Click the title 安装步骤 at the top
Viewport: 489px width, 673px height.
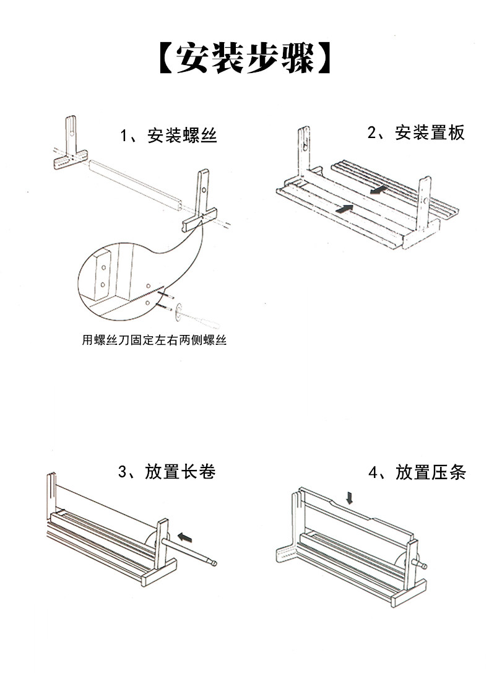pos(244,59)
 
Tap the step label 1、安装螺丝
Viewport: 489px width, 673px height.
pos(168,136)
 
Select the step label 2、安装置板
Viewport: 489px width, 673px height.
pos(415,132)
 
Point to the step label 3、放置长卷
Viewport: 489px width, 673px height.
pos(167,472)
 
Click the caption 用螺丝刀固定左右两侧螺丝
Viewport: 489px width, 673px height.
pos(154,340)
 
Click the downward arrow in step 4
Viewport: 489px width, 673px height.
pos(350,497)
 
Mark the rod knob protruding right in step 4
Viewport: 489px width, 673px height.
pos(423,565)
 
